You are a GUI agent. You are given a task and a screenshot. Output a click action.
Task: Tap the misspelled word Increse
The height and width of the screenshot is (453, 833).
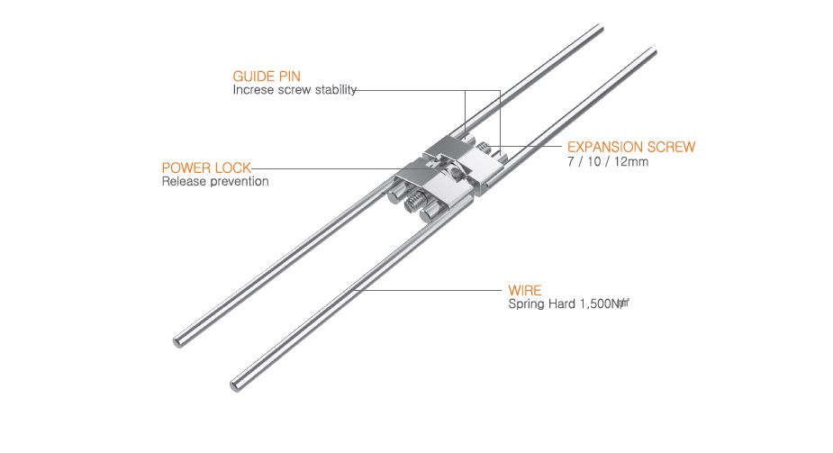[254, 90]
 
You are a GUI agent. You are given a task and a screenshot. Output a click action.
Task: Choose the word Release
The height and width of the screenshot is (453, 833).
[184, 182]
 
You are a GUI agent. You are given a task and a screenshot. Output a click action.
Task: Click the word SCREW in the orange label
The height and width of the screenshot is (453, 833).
[670, 147]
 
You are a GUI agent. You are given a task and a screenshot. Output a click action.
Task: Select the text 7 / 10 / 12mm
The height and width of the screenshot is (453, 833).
[608, 162]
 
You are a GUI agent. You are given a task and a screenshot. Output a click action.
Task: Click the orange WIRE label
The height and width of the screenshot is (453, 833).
[525, 292]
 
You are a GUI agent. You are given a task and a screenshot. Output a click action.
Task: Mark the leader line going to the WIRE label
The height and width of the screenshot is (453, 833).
[432, 292]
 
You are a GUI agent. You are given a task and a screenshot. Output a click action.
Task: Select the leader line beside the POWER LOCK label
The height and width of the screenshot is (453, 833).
[324, 168]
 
